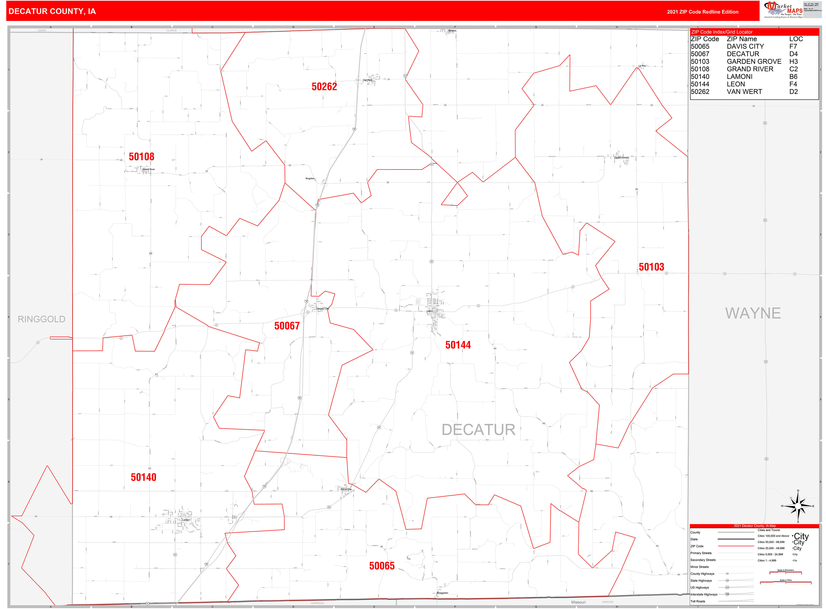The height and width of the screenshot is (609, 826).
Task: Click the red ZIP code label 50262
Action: tap(324, 87)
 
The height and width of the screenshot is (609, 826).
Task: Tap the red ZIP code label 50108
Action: tap(141, 157)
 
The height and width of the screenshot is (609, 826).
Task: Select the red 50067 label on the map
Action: tap(287, 326)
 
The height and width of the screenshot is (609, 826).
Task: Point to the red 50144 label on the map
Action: tap(458, 345)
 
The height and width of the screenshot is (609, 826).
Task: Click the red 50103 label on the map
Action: tap(651, 267)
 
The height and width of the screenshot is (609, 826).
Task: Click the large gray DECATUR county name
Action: tap(478, 430)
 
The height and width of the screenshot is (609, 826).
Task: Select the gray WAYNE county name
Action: tap(753, 313)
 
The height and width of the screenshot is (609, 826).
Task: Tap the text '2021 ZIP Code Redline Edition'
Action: tap(703, 12)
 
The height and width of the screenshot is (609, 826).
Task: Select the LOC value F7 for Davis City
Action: tap(793, 46)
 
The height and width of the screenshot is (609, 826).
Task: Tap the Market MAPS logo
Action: tap(783, 10)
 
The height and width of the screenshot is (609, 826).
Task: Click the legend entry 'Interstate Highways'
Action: tap(704, 594)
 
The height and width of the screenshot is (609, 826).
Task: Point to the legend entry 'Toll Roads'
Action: tap(698, 601)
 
